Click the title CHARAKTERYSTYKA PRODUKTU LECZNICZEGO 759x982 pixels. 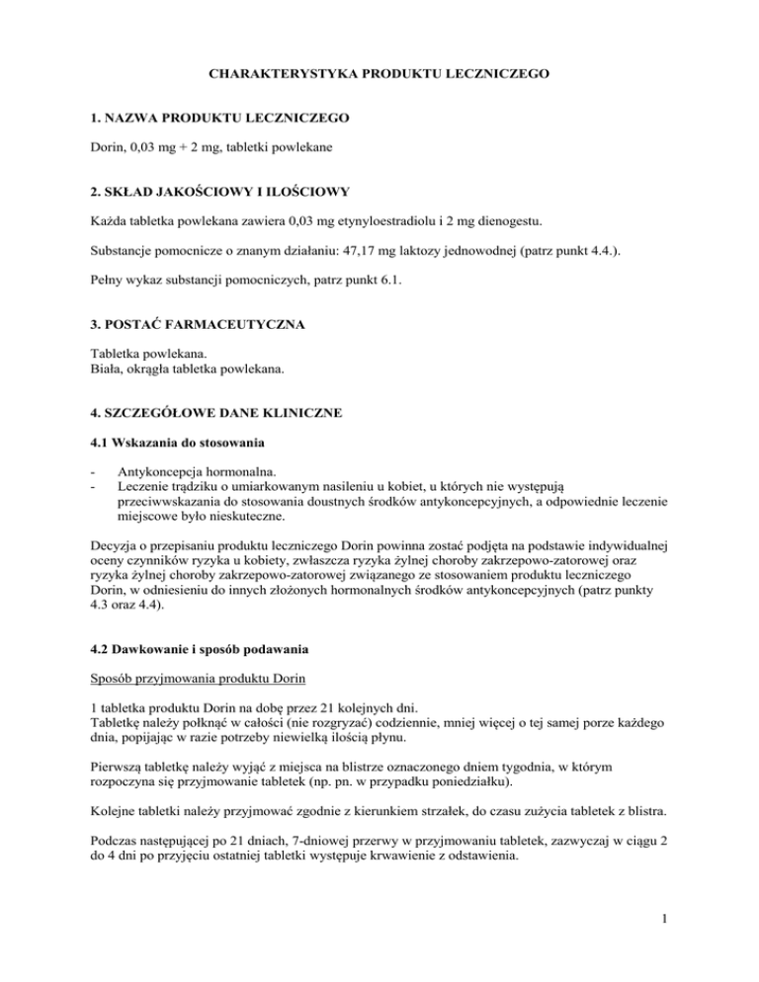(379, 72)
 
